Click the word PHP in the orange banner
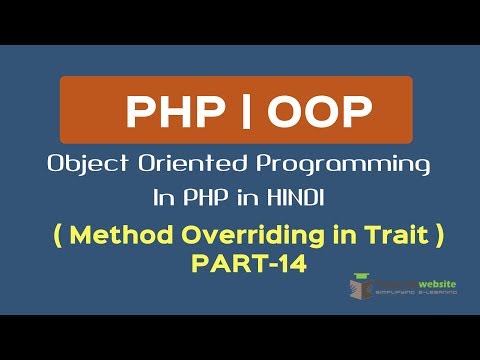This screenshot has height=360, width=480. (x=168, y=112)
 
